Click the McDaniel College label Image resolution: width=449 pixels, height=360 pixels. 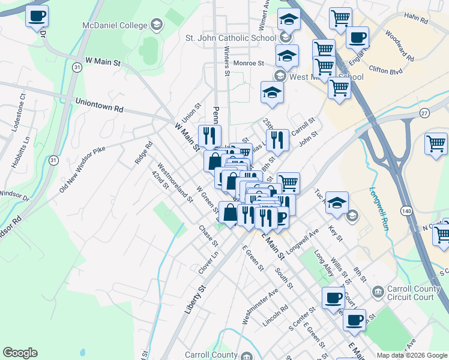pos(115,25)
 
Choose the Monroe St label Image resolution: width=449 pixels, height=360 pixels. pos(249,63)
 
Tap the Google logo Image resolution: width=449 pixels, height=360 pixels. pos(20,353)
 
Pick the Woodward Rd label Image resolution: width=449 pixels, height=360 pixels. pos(400,46)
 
